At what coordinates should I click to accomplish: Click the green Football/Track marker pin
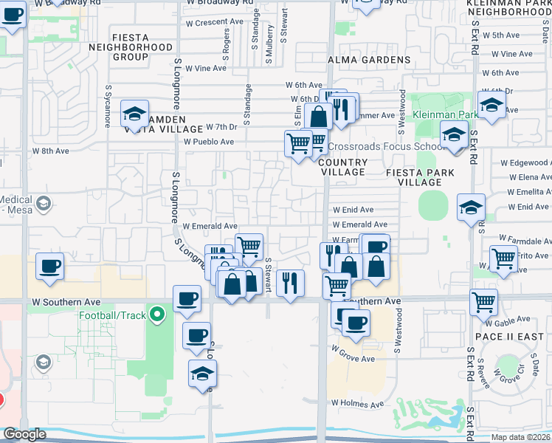[x=156, y=316]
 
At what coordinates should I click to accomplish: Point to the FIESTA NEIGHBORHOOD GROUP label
[x=141, y=47]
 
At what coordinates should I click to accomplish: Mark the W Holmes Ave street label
[x=358, y=405]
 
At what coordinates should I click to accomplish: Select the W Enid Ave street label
[x=353, y=210]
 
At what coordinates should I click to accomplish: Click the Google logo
[x=24, y=434]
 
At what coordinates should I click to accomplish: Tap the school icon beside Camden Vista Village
[x=135, y=114]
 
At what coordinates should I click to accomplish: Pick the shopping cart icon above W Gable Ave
[x=483, y=300]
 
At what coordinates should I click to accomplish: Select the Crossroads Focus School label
[x=384, y=146]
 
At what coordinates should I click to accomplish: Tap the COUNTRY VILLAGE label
[x=343, y=167]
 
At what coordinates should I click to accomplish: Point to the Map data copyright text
[x=520, y=437]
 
